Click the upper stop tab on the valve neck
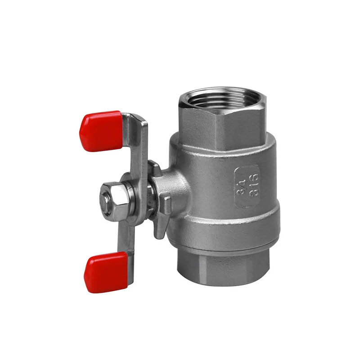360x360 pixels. pos(155,168)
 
